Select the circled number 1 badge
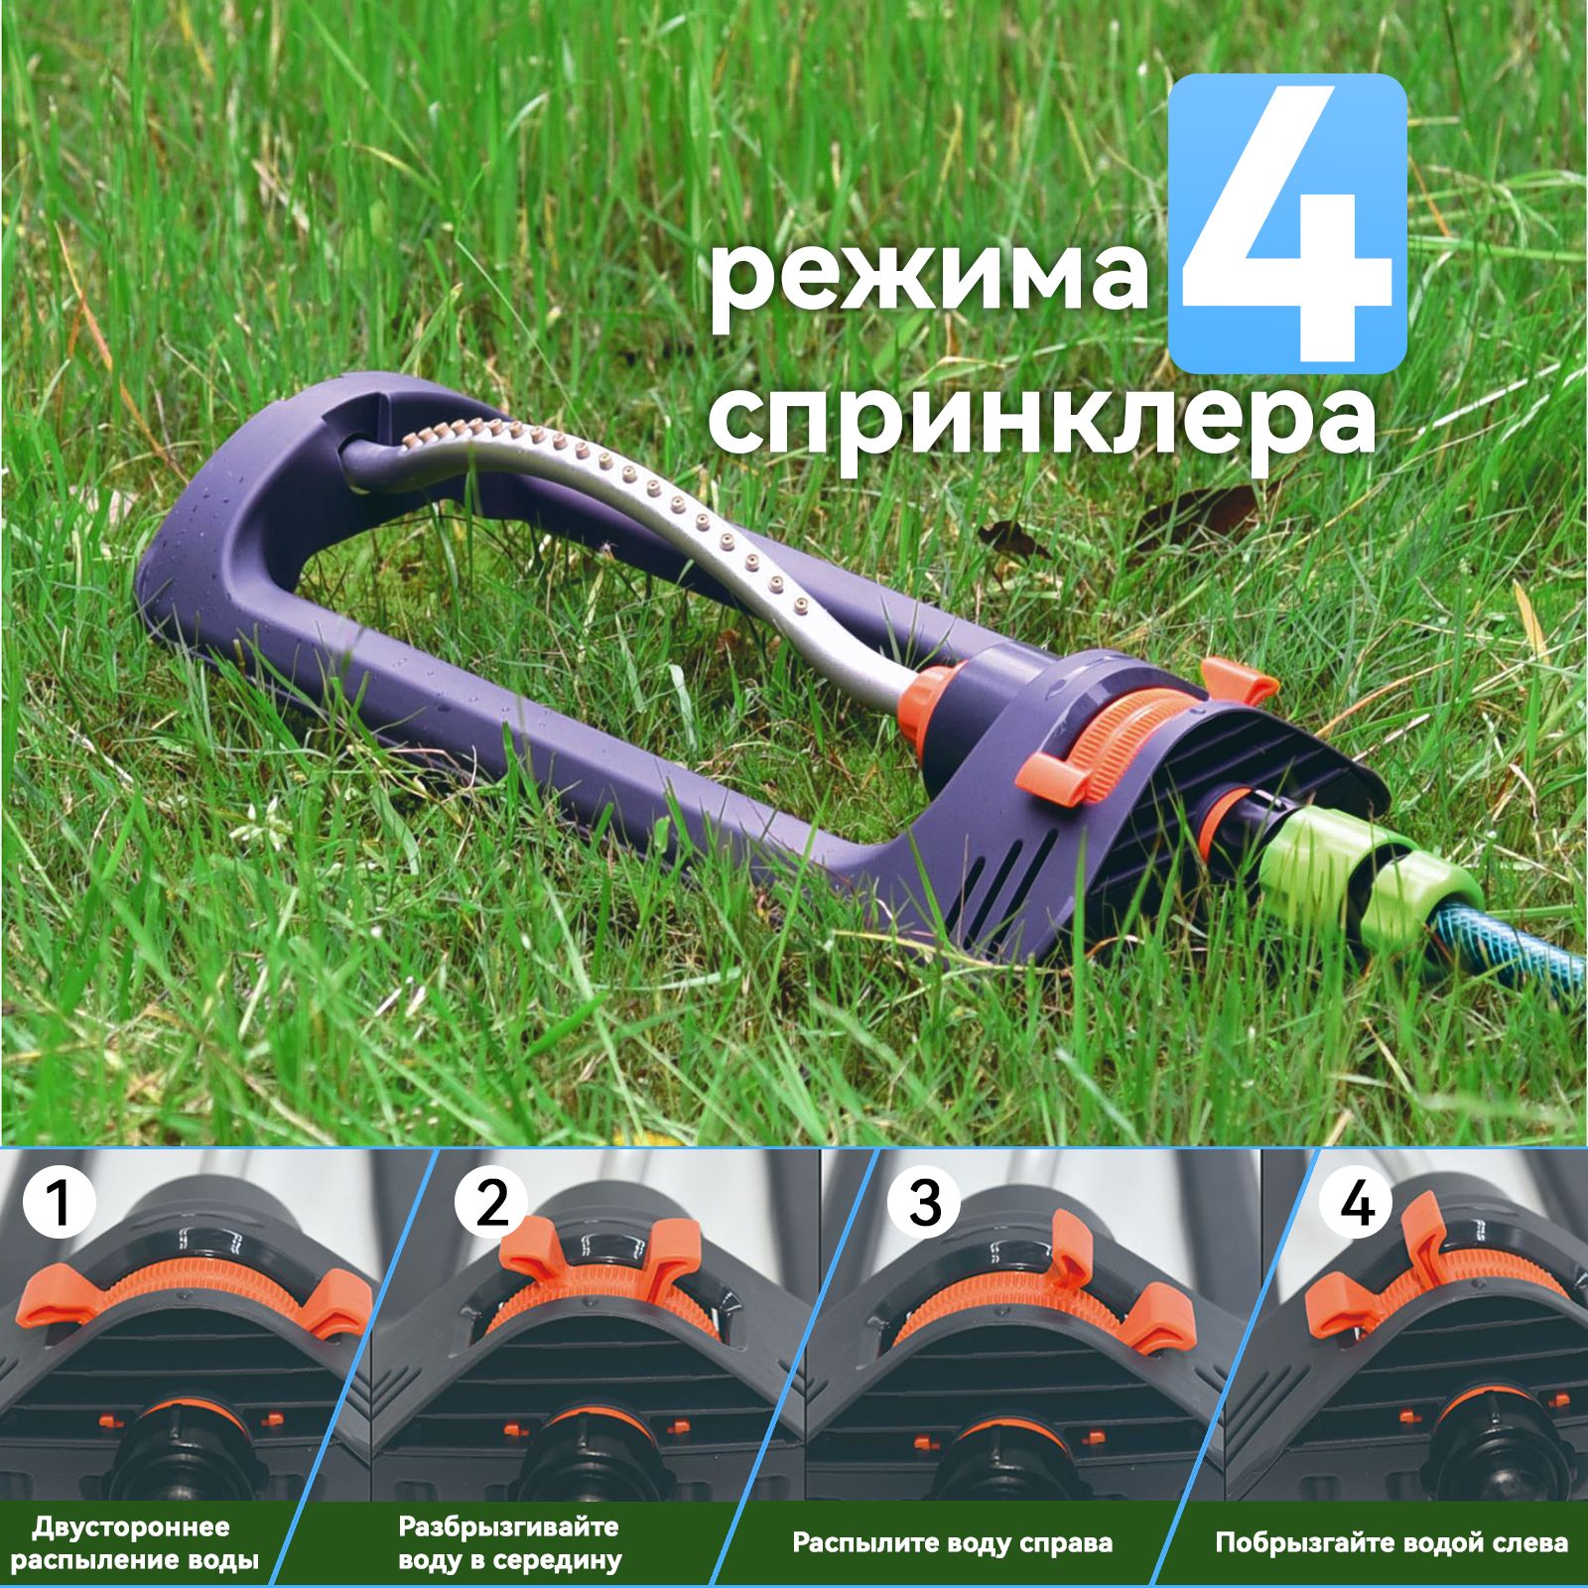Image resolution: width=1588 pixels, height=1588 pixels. click(60, 1203)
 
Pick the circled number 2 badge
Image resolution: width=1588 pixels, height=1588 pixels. click(492, 1203)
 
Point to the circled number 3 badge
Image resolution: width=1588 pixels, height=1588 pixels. click(924, 1203)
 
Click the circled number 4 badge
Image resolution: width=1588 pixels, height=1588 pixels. click(1358, 1203)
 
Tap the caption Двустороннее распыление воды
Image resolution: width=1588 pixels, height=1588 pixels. click(135, 1543)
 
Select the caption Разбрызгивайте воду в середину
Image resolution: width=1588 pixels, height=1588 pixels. click(508, 1543)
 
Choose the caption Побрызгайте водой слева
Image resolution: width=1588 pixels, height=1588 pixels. click(1391, 1543)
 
